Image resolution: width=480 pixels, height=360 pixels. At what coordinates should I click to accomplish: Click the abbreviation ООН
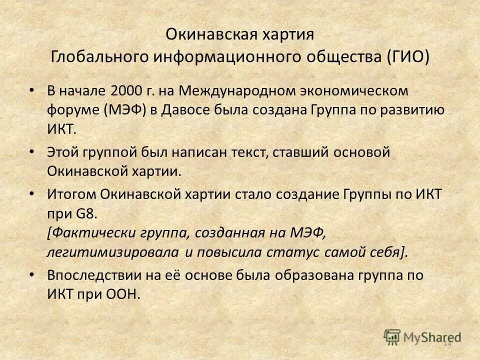click(120, 293)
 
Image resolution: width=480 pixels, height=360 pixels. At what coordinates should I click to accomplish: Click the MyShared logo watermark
click(422, 337)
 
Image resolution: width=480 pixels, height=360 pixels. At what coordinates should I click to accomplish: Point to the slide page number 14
click(447, 343)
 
